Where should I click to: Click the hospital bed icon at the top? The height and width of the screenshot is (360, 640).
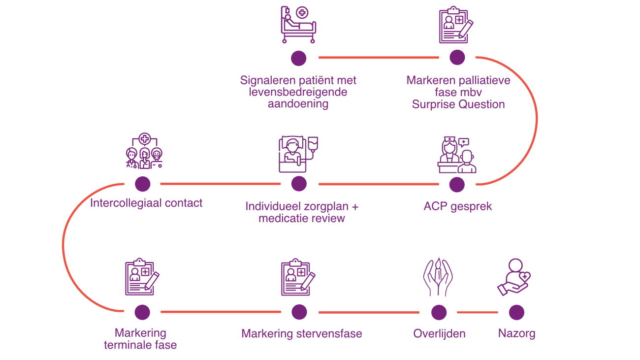click(x=298, y=26)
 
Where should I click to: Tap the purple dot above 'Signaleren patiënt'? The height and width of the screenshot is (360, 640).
click(x=298, y=58)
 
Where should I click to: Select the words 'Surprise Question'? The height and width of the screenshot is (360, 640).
click(x=458, y=104)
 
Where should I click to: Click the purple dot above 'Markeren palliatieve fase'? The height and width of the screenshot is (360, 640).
click(x=457, y=58)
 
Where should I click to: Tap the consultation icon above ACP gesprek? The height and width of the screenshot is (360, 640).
click(x=457, y=155)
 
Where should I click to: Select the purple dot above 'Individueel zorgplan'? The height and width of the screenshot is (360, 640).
click(x=299, y=184)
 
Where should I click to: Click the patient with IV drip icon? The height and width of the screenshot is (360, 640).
click(x=298, y=154)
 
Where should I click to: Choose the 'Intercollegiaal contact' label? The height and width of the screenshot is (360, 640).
click(x=146, y=203)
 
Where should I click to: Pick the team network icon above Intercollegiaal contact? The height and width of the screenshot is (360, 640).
click(x=144, y=151)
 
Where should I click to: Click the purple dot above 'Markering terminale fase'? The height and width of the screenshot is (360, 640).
click(x=142, y=312)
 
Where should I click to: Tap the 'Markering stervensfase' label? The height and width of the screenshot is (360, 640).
click(x=301, y=334)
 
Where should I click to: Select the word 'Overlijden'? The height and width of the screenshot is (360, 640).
click(x=439, y=334)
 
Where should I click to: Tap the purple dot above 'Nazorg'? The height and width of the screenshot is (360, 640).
click(x=516, y=312)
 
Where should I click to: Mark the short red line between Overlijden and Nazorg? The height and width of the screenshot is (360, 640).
click(x=477, y=312)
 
